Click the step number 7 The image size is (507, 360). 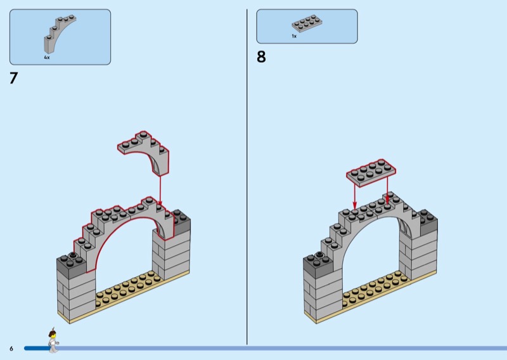coord(13,79)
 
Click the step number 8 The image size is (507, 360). coord(261,57)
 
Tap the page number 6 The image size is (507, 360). coord(11,349)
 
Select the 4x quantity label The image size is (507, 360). coord(47,58)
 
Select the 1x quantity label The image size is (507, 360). coord(294,37)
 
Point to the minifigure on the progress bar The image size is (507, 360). coord(52,340)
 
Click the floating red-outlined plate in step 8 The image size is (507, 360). coord(371,172)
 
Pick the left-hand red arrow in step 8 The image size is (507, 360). coord(354,195)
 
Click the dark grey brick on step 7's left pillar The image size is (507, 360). coord(70,260)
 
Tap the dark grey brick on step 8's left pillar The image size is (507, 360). coord(317,260)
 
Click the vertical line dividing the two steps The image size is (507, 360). coord(247,177)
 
